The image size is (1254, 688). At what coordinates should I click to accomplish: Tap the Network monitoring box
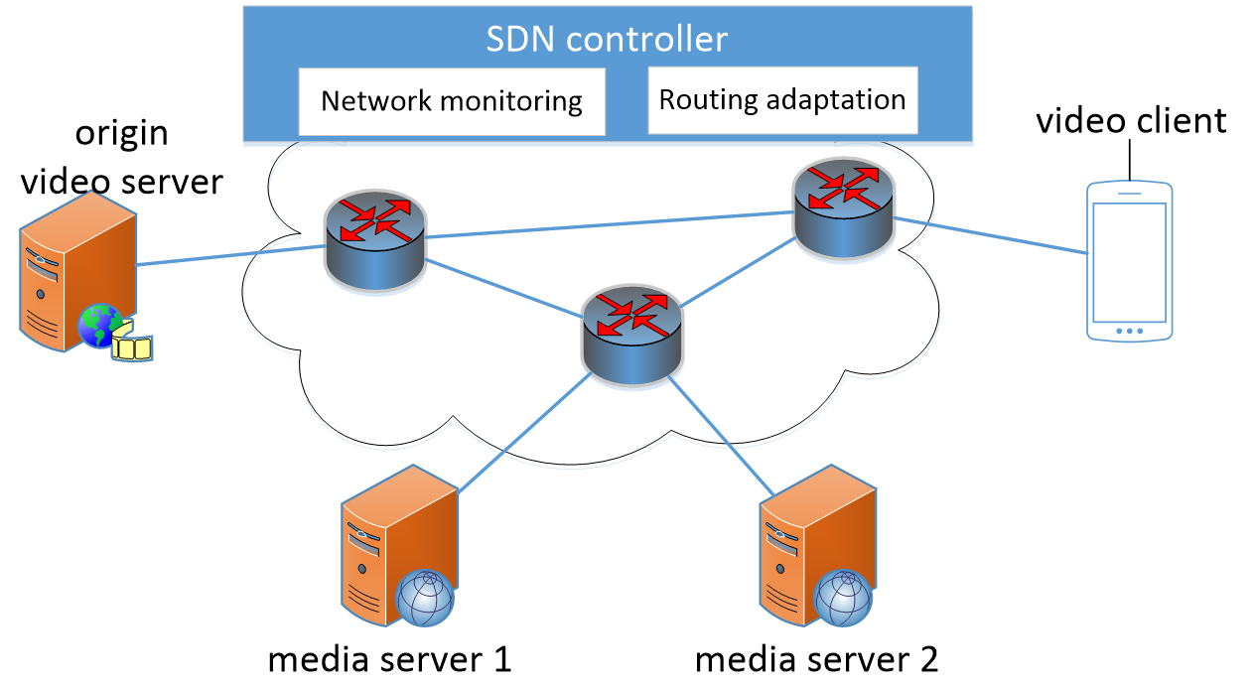tap(452, 101)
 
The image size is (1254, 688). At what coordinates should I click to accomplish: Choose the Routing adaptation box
tap(782, 100)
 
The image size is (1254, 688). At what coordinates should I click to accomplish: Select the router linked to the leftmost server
tap(375, 240)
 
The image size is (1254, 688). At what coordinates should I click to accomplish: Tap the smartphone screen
tap(1129, 260)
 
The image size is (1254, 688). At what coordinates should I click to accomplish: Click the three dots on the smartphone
tap(1129, 331)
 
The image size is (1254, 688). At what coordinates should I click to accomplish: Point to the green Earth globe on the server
tap(99, 326)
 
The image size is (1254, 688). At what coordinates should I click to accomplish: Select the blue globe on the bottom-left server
tap(425, 598)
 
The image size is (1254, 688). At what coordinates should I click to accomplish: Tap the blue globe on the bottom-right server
tap(844, 598)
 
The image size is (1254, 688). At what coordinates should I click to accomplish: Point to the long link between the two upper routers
tap(606, 224)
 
